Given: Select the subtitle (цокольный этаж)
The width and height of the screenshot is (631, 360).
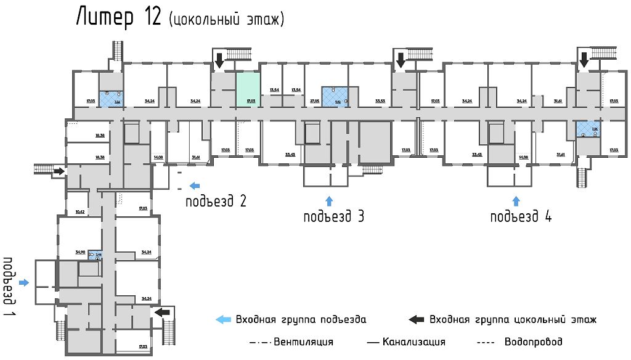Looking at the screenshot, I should [226, 20].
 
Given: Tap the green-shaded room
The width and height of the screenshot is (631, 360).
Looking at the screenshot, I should [248, 89].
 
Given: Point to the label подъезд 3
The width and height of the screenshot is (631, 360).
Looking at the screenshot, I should [333, 217].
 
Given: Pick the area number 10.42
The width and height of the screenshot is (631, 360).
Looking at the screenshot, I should [79, 211].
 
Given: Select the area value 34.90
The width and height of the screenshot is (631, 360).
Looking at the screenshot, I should [79, 252].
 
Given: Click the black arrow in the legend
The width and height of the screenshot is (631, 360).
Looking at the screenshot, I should [417, 319].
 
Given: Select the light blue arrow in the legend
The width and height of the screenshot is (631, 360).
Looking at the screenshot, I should [222, 319].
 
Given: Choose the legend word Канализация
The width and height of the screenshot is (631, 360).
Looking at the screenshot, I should [413, 342].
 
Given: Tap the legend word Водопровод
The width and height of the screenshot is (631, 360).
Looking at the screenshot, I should [533, 342].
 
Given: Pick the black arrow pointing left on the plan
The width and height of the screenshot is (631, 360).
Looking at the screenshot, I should [162, 313].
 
